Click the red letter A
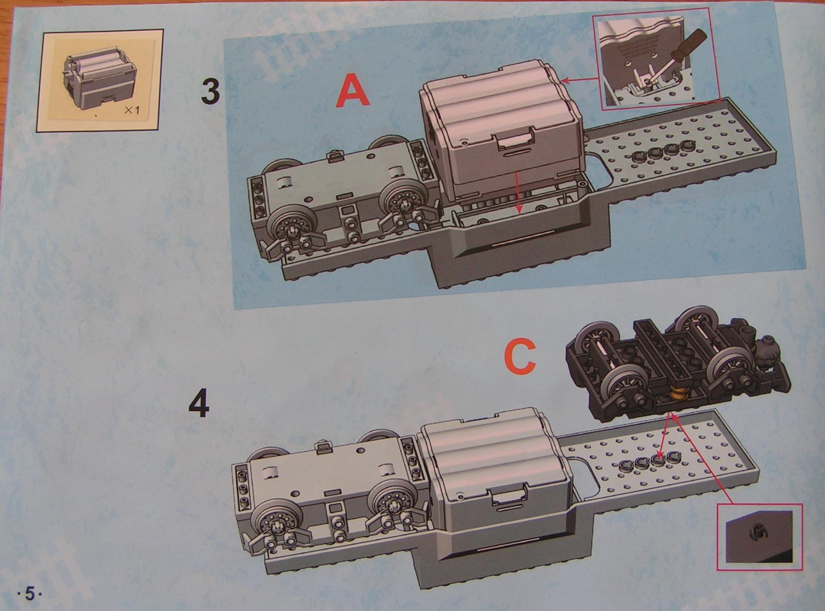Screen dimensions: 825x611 tap(353, 91)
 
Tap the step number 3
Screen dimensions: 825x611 tap(210, 91)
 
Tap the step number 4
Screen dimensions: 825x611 tap(199, 404)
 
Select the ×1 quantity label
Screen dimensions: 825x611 tap(132, 111)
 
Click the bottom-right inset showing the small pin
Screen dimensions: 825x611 tap(759, 535)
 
